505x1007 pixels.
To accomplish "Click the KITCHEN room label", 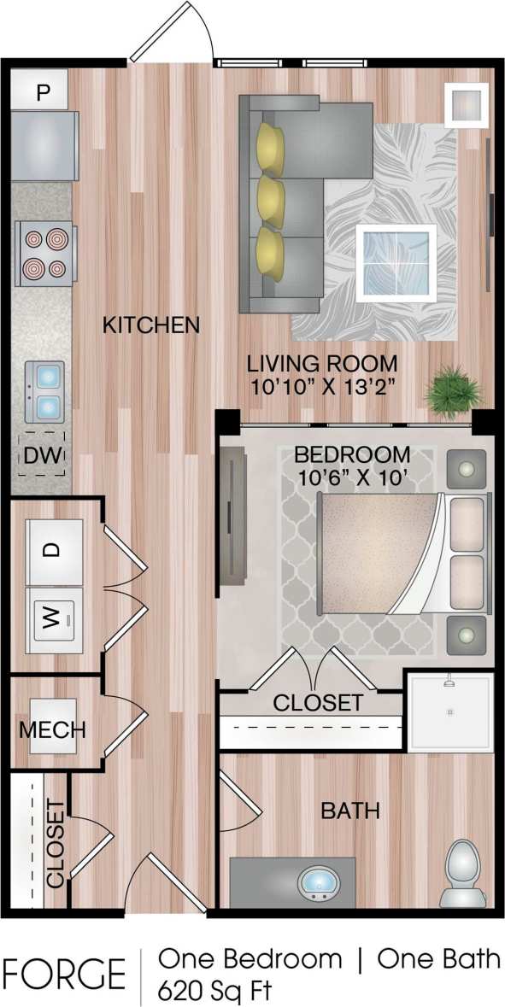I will [151, 325].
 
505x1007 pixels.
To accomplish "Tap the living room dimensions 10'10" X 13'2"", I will [322, 385].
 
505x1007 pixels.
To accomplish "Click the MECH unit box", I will [53, 729].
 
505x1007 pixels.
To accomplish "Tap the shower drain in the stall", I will [449, 711].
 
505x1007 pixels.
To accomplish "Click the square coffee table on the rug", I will [396, 261].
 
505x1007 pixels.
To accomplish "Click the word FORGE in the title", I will [64, 974].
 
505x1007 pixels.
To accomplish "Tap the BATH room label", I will [350, 810].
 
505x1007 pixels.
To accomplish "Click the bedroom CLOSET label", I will [317, 703].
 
